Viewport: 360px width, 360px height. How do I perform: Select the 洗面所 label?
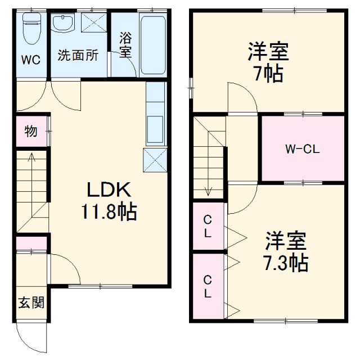click(x=79, y=55)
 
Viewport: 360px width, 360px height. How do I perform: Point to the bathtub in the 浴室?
click(x=152, y=44)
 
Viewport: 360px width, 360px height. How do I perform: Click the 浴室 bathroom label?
click(x=125, y=45)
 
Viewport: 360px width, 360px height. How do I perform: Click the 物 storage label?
click(x=31, y=132)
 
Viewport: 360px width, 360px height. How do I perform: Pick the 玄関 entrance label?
click(x=31, y=303)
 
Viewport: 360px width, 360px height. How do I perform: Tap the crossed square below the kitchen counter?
click(x=155, y=160)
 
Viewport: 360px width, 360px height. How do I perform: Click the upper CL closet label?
click(x=208, y=226)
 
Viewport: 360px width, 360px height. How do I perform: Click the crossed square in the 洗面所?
click(x=93, y=24)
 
